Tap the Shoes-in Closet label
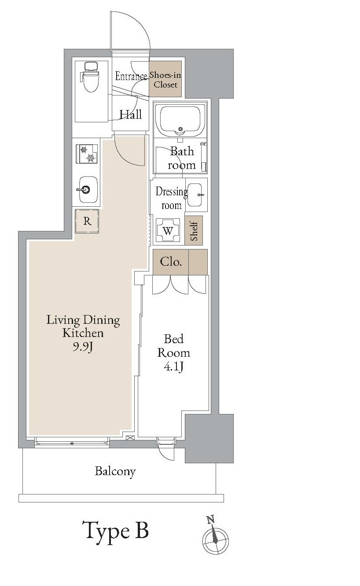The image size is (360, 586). point(165,80)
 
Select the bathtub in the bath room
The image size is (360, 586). point(180,121)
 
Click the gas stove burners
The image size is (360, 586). point(87,154)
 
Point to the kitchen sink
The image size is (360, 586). point(88,190)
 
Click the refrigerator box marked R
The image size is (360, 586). point(87,221)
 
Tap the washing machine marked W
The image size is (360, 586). point(168,230)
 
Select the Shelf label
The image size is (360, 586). point(194,231)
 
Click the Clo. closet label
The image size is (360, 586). point(171,262)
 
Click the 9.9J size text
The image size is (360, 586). point(83,347)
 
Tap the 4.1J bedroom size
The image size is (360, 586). point(173,367)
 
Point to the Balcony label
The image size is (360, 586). point(115,472)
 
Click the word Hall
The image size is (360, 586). point(131,114)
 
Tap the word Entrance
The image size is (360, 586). point(131,76)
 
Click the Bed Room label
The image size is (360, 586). point(173,346)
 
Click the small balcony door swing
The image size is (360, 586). point(166,453)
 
